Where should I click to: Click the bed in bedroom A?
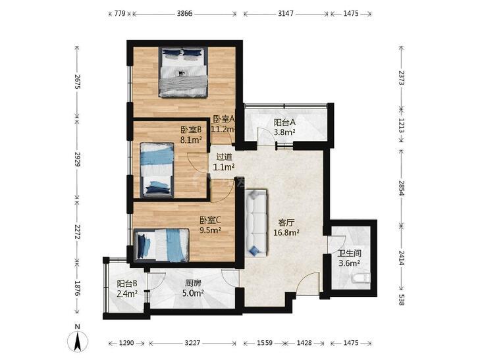click(183, 72)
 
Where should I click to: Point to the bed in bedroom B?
click(157, 170)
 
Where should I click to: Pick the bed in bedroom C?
click(161, 245)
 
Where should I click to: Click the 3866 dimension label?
click(184, 13)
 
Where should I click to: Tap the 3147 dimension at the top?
click(286, 13)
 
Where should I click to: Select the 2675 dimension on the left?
click(77, 82)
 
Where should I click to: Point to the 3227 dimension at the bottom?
click(192, 343)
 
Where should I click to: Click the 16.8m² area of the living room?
click(286, 233)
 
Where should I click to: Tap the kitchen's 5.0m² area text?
click(193, 294)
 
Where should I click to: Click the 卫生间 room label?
click(349, 253)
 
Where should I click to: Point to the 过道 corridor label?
click(224, 157)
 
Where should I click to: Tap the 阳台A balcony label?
click(284, 122)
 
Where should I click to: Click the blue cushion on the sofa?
click(253, 251)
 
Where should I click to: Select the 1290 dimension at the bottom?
click(126, 343)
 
